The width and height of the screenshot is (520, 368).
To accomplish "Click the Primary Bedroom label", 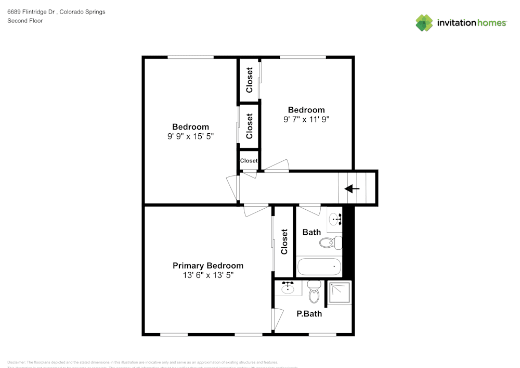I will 207,265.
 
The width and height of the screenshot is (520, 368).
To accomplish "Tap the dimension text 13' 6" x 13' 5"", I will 207,275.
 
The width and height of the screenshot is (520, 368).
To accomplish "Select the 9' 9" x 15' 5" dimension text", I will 190,136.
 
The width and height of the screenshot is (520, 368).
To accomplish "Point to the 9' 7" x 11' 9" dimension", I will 306,119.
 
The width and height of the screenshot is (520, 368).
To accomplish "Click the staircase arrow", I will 352,189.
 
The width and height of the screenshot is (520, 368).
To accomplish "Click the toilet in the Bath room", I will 330,242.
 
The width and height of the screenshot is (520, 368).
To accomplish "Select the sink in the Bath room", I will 334,219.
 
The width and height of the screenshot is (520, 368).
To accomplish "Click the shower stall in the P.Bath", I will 339,293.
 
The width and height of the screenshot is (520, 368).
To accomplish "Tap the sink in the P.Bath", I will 288,287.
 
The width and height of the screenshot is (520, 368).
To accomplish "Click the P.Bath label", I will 309,313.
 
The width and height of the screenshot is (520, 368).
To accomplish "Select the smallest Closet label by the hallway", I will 249,161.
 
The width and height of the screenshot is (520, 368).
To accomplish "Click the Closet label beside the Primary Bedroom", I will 284,242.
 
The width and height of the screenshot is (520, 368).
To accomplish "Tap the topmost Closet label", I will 250,80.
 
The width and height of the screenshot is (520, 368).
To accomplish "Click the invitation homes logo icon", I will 424,22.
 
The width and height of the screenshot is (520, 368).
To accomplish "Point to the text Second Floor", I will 25,21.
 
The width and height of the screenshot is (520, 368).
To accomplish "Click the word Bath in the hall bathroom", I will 311,232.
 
